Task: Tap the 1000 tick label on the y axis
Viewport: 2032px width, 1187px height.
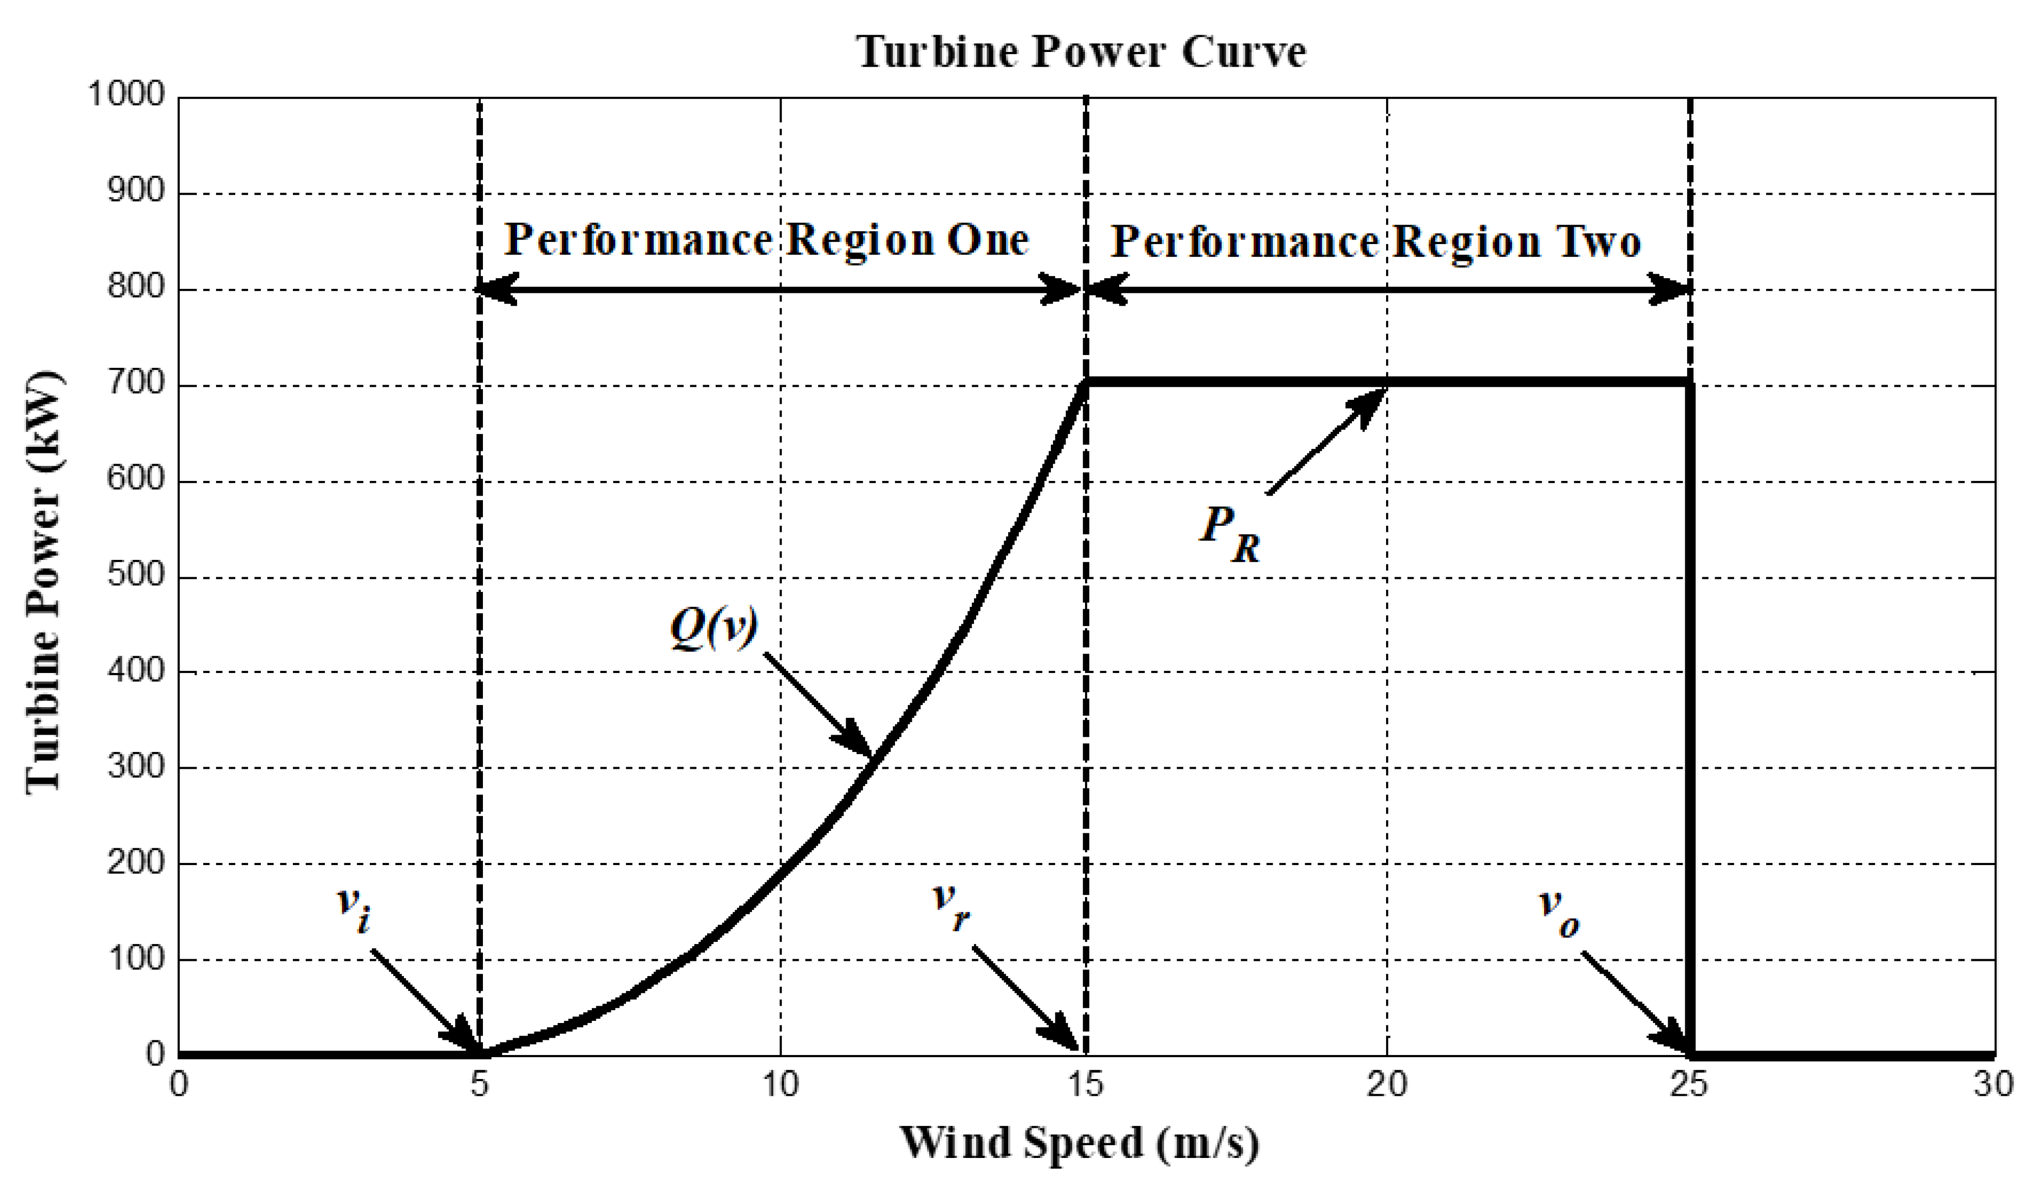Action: [125, 95]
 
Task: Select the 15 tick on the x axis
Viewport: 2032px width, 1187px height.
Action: [1086, 1085]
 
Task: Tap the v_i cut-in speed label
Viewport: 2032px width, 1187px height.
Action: [353, 911]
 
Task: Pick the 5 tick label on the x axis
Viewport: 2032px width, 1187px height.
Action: [480, 1085]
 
